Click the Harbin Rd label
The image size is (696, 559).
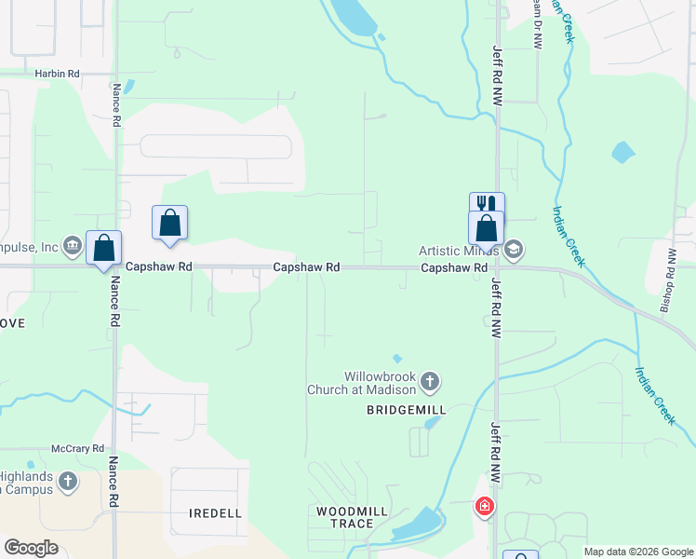pos(57,73)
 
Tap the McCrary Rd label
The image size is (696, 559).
pos(77,448)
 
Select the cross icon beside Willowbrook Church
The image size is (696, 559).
pos(430,380)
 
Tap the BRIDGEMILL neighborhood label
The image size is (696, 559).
pos(407,410)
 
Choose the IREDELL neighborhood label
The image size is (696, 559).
pos(215,513)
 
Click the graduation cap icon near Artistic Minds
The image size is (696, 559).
pos(514,250)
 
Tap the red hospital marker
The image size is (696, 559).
pos(484,508)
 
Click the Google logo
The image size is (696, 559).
pos(31,548)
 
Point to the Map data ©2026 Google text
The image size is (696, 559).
pos(638,552)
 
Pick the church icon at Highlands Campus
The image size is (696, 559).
pos(67,482)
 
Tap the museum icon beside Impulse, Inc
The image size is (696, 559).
pos(72,247)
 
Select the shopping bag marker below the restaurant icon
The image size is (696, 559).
pos(487,227)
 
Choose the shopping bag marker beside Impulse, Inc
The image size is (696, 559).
pos(104,248)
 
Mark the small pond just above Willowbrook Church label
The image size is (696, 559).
pos(397,358)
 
